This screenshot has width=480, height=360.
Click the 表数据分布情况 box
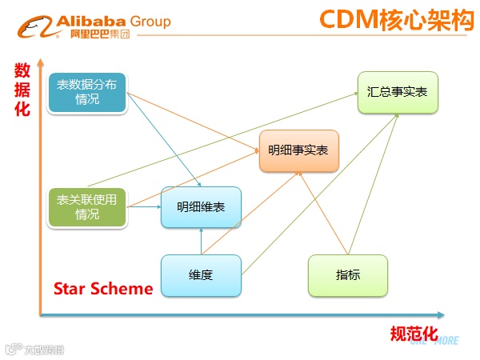[x=87, y=93]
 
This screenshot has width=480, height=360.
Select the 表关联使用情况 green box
[x=87, y=207]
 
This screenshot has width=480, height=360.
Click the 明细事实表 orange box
[x=298, y=150]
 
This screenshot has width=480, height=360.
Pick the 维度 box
[x=200, y=275]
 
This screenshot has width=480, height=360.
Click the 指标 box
[x=348, y=275]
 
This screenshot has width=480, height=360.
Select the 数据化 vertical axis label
[x=22, y=89]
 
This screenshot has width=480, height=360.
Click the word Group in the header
[x=148, y=21]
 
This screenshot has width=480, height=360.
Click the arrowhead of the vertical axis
[x=39, y=62]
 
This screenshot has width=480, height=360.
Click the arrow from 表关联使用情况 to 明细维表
[x=145, y=207]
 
